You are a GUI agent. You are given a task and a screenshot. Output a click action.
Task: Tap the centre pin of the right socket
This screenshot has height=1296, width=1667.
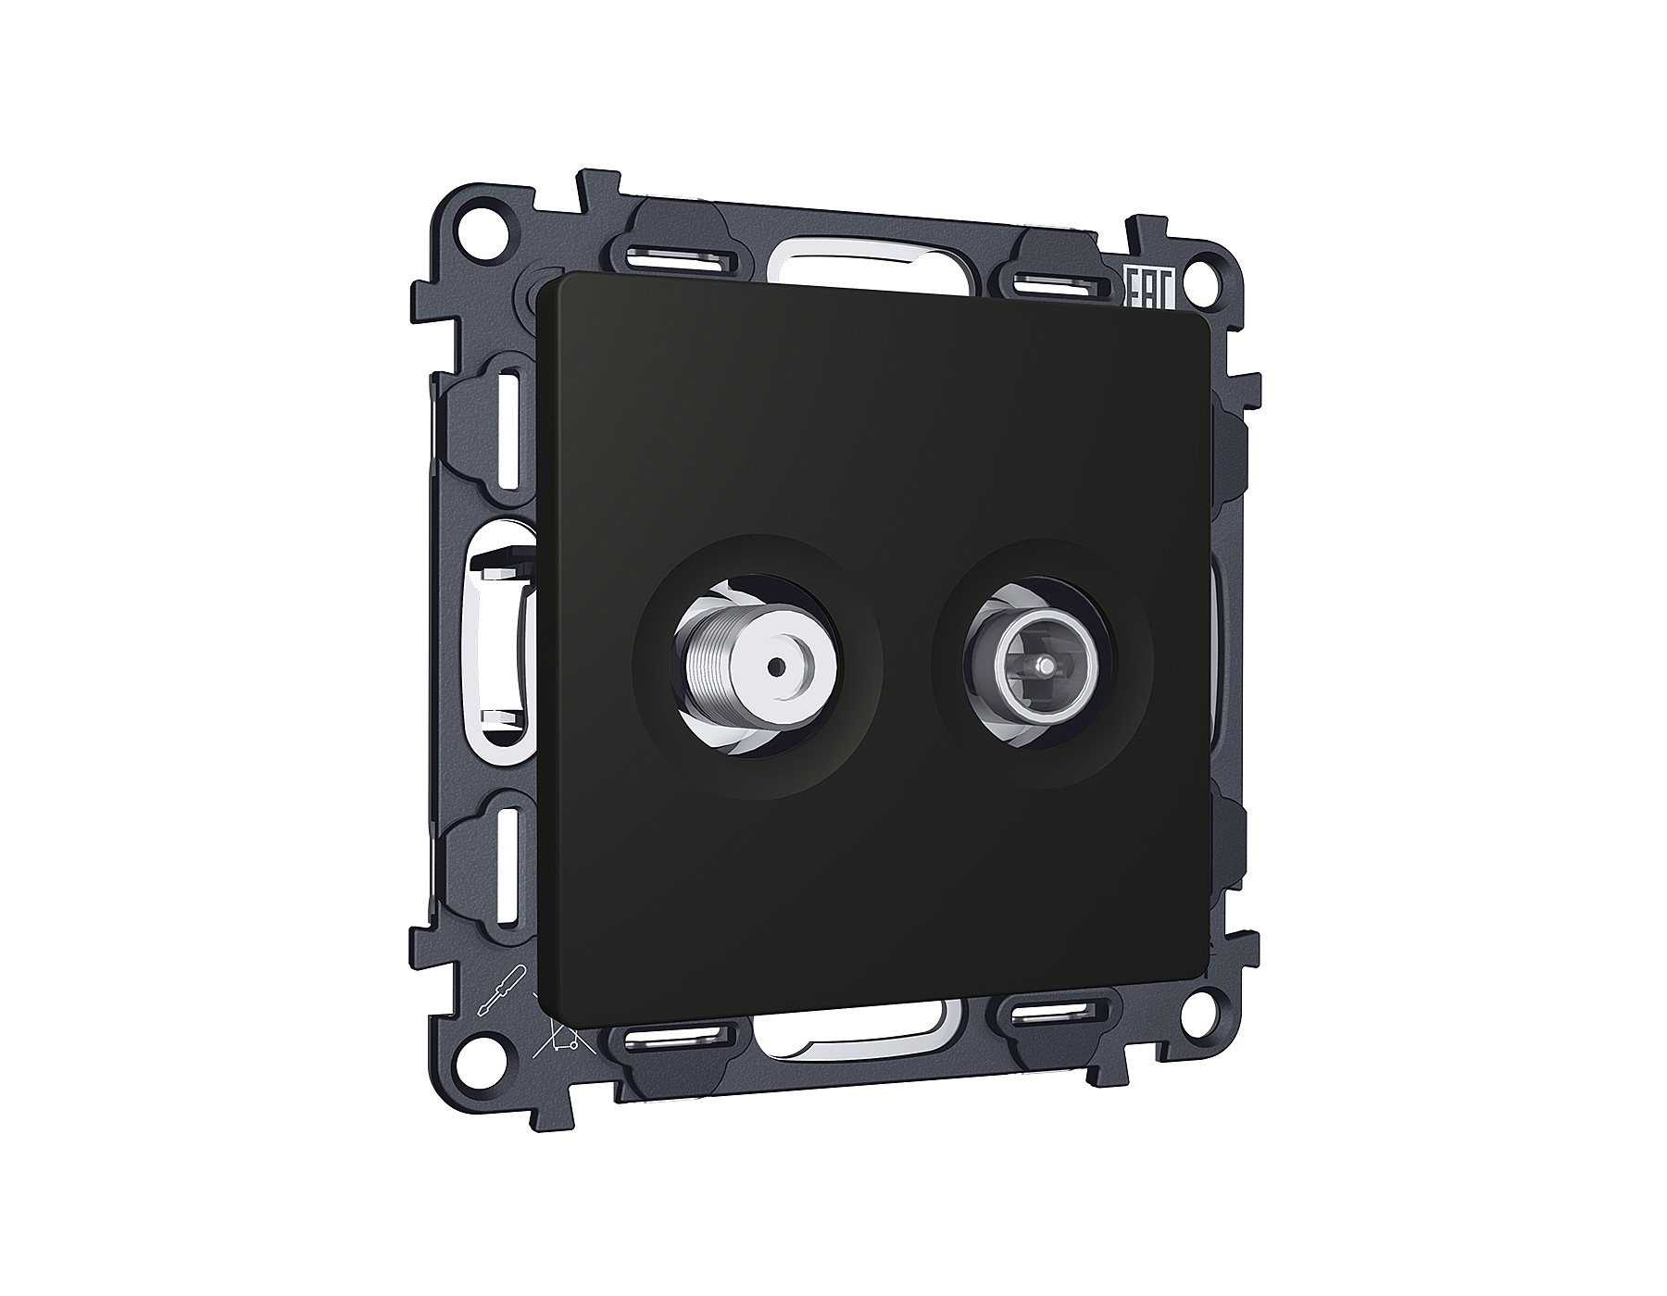pos(1044,664)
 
